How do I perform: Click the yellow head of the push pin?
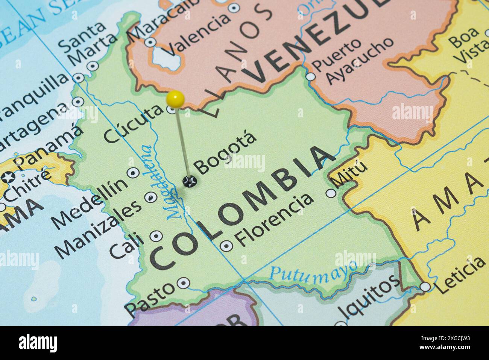pos(175,99)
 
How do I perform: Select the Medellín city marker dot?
pos(133,173)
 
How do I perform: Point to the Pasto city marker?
pos(183,283)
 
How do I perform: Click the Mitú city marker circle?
pos(331,193)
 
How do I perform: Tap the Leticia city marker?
pos(425,287)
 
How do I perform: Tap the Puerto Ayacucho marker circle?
pos(311,76)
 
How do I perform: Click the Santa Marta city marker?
pos(92,66)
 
